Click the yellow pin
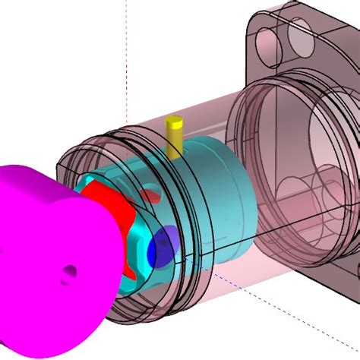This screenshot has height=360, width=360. pyautogui.click(x=175, y=137)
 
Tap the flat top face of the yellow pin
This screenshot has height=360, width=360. pyautogui.click(x=175, y=121)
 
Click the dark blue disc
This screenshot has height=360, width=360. pyautogui.click(x=161, y=249)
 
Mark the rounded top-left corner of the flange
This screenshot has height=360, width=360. pyautogui.click(x=258, y=15)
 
